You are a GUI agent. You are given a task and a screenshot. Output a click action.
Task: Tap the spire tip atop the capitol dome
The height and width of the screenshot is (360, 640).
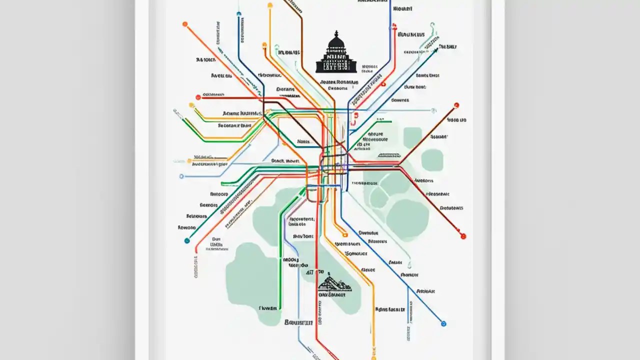coord(336,32)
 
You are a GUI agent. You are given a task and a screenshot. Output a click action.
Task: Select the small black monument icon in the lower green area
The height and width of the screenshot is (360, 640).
coord(334,284)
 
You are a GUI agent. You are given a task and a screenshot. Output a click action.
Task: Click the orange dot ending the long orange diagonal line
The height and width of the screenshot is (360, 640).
coord(185,24)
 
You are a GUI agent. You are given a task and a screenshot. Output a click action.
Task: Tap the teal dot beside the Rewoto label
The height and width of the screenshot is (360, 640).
coord(187,240)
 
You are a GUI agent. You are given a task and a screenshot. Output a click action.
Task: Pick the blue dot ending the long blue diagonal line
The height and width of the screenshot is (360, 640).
coord(443,323)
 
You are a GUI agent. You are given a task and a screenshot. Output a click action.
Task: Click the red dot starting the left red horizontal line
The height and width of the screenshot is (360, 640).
coord(198,97)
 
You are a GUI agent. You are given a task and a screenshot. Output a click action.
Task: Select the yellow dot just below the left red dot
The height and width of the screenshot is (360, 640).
coord(191,105)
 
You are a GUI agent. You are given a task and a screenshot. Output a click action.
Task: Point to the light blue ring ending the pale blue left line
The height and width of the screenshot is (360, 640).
coord(181,176)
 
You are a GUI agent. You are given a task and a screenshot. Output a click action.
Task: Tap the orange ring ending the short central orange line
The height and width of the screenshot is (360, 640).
coord(344,233)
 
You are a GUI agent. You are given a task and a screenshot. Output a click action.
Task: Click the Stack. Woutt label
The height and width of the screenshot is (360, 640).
coord(284,161)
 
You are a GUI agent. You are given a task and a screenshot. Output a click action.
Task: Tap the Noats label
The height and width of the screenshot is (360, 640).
coord(303,141)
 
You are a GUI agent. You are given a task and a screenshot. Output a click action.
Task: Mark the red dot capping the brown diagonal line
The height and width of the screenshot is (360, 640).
coord(456,105)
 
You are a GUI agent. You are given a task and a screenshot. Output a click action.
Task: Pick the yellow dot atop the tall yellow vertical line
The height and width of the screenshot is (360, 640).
coord(270,5)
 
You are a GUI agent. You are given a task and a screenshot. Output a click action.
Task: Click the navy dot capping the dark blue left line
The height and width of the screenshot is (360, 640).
coord(239,13)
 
